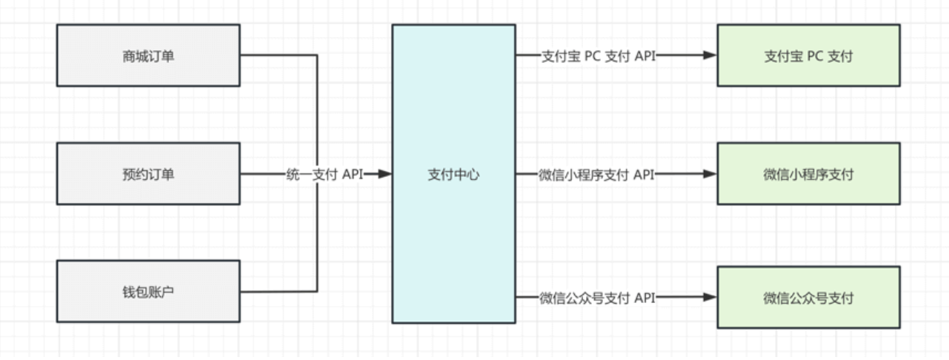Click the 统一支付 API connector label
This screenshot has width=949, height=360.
[x=324, y=175]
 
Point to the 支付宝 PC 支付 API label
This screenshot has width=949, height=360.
[x=598, y=56]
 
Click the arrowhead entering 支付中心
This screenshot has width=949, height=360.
[x=384, y=174]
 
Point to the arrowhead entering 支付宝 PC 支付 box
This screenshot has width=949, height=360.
[x=710, y=56]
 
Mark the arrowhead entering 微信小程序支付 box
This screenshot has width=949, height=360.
[x=710, y=174]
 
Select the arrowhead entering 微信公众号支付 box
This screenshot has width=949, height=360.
[x=710, y=298]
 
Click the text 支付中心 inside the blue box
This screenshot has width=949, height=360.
[x=453, y=175]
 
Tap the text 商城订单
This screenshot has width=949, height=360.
[x=148, y=56]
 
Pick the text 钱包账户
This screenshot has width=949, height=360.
[x=148, y=292]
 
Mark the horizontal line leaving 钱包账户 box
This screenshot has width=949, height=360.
[x=278, y=292]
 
